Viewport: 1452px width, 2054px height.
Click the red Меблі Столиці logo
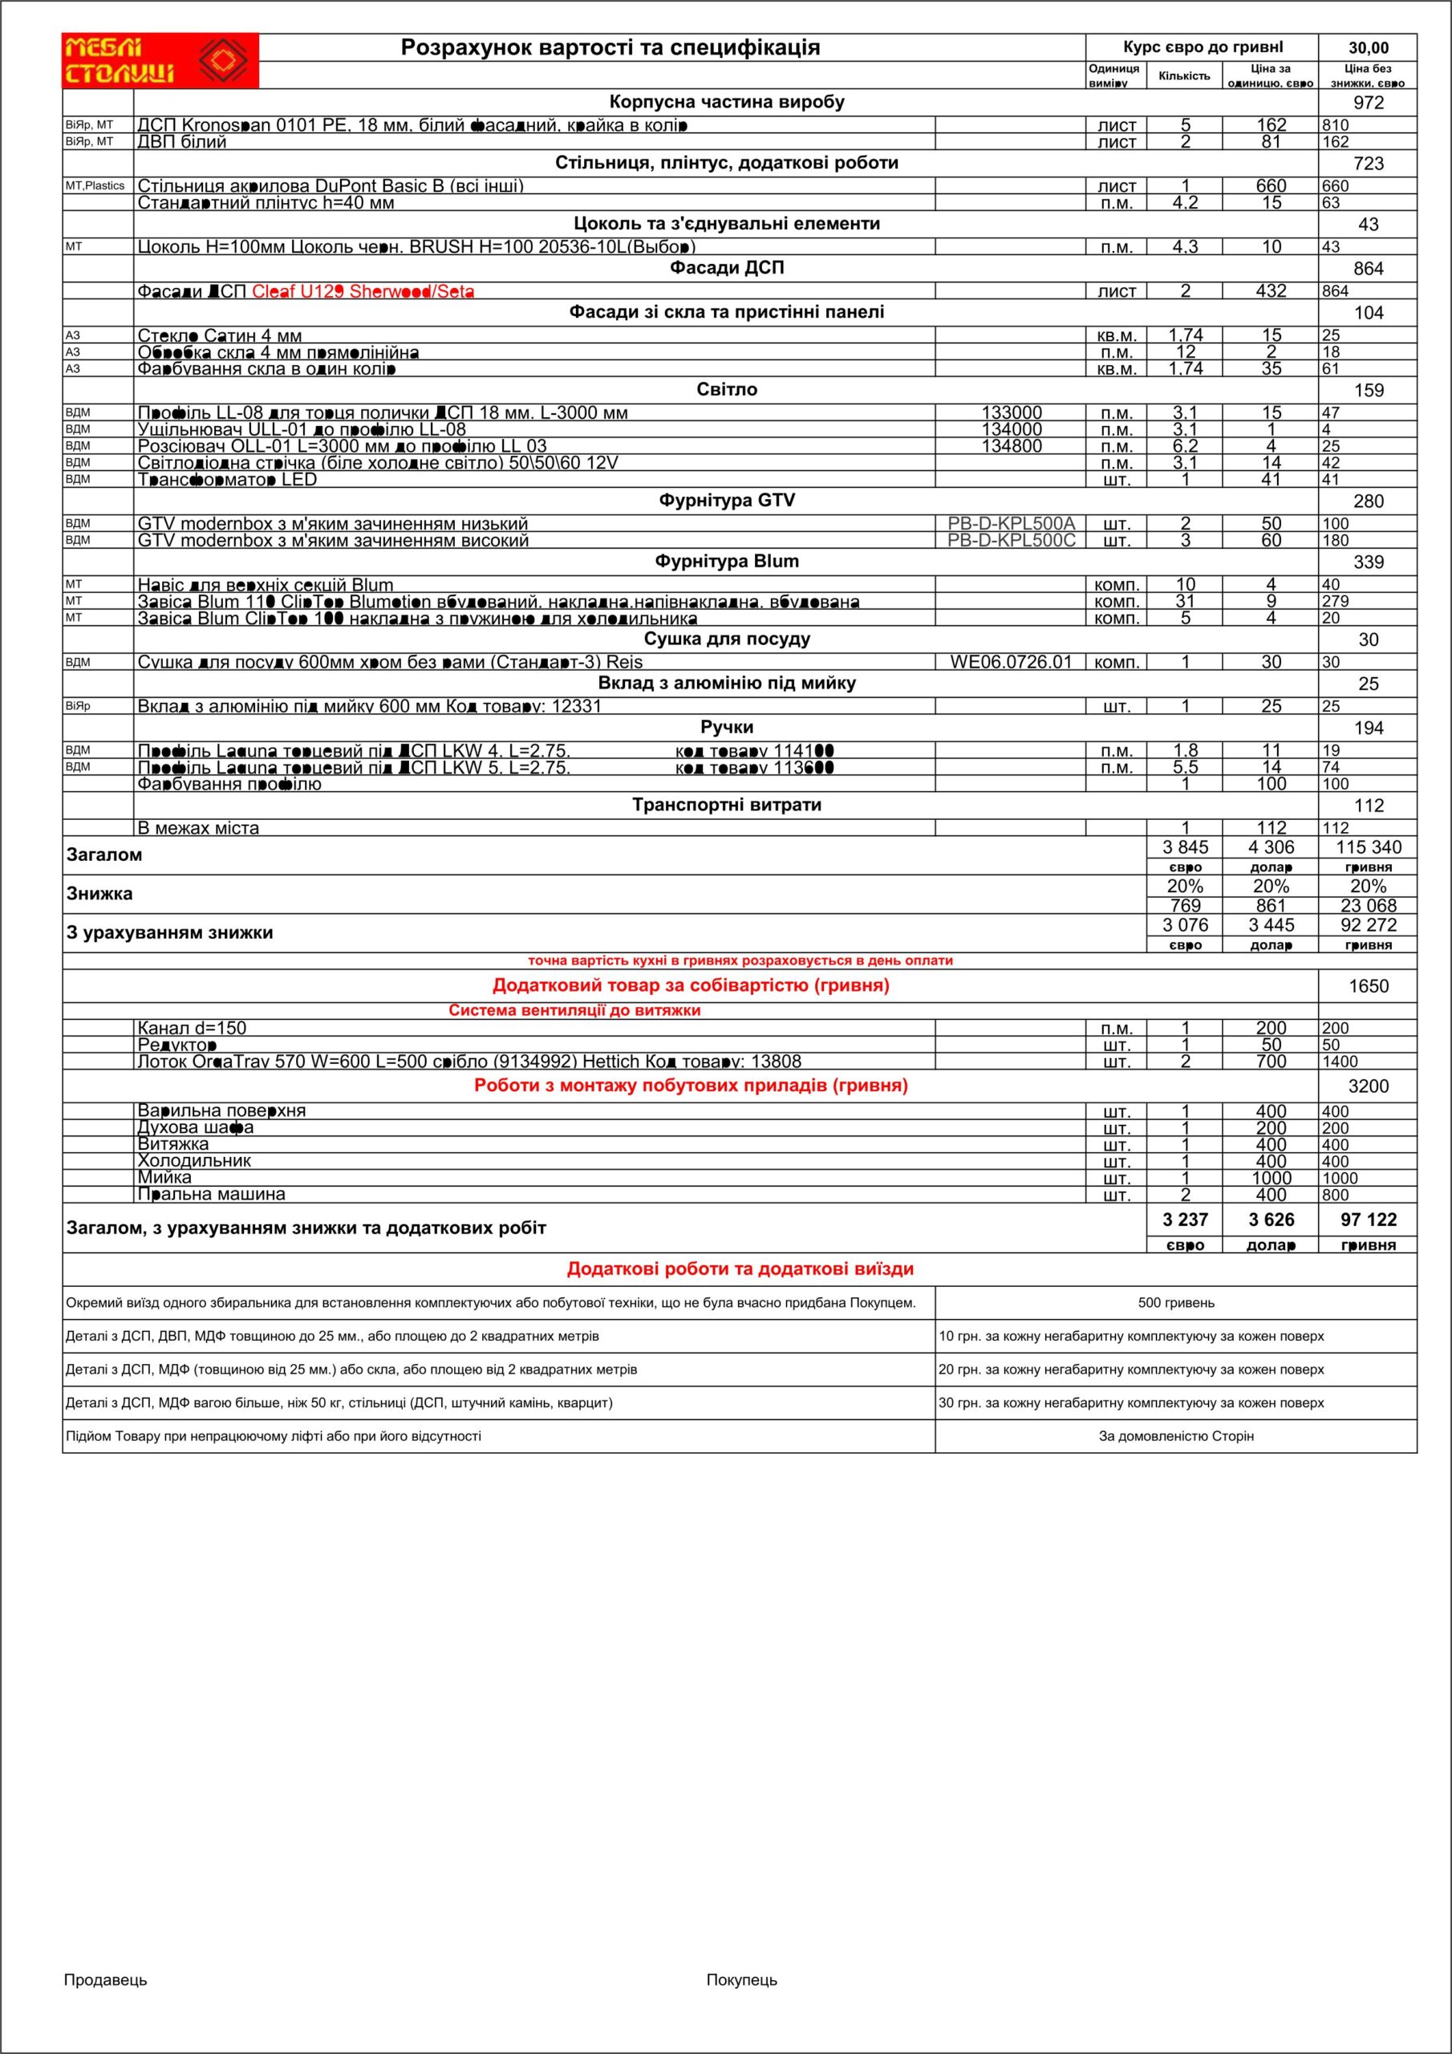pos(160,61)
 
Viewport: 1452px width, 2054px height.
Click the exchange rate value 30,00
pos(1368,48)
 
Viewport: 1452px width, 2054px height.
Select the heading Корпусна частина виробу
pos(727,102)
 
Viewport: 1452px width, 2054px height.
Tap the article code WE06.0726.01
pos(1010,662)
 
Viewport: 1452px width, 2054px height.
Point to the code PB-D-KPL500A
pos(1011,523)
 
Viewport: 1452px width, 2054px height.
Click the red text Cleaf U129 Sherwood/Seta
pos(363,290)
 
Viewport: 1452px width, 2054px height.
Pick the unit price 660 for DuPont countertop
pos(1271,186)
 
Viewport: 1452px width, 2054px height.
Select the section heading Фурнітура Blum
pos(727,562)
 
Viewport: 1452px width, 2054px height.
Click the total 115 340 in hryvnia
pos(1368,847)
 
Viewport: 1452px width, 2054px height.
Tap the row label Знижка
pos(99,894)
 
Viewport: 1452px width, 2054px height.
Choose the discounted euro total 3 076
pos(1185,925)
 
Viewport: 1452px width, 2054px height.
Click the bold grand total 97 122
pos(1368,1220)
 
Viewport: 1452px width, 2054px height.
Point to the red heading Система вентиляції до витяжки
pos(574,1011)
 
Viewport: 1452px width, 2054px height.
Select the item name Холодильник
pos(194,1161)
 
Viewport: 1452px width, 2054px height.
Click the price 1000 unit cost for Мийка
pos(1271,1178)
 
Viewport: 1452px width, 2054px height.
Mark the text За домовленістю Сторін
pos(1175,1436)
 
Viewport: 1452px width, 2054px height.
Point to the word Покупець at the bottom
pos(742,1979)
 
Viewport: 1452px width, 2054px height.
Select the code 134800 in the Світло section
pos(1011,446)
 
